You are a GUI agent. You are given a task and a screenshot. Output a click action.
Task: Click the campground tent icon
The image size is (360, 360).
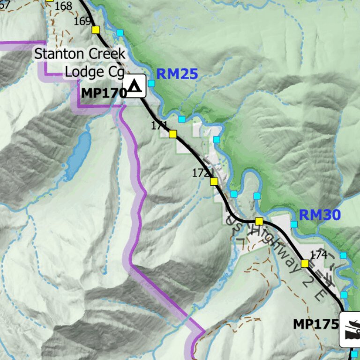(x=135, y=86)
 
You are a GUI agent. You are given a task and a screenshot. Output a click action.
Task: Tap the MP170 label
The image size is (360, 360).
(x=104, y=93)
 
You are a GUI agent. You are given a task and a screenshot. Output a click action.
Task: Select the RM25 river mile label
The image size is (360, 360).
(x=177, y=74)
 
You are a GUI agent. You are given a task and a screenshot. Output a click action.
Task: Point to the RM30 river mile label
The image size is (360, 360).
(x=319, y=215)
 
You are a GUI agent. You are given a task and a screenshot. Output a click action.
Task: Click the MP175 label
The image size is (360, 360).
(x=315, y=324)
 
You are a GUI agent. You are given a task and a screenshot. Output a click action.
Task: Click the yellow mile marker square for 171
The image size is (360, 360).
(x=172, y=134)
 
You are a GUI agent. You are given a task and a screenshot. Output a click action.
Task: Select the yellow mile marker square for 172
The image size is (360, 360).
(x=214, y=181)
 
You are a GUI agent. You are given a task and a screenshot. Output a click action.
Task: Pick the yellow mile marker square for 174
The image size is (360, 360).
(x=305, y=263)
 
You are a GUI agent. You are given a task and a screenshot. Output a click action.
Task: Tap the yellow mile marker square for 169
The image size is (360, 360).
(x=96, y=30)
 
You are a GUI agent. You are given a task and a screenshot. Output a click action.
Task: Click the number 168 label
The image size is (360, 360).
(x=63, y=7)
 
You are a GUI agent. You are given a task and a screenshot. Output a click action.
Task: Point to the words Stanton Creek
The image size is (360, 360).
(x=80, y=53)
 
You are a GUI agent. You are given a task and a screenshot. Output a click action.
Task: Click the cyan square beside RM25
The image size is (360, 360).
(x=151, y=83)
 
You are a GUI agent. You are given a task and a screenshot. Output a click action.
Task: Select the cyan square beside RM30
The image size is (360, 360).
(x=294, y=225)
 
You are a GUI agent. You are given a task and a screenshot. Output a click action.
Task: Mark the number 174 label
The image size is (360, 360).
(x=318, y=255)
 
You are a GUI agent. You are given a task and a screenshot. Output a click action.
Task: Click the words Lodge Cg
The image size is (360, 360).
(x=94, y=72)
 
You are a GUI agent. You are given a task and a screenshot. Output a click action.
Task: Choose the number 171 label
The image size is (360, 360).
(x=159, y=125)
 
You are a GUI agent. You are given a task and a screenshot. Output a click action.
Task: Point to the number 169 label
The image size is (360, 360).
(x=82, y=21)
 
